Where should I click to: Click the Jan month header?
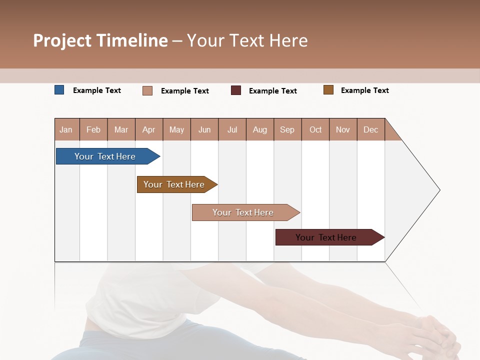coord(66,129)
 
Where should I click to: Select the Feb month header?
coord(93,129)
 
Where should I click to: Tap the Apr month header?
coord(148,129)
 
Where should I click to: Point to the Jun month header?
coord(204,129)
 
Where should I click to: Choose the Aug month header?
coord(259,129)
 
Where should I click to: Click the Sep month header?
coord(287,129)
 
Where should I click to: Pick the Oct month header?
coord(315,129)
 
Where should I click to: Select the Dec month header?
coord(370,129)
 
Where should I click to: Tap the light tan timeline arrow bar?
coord(243,212)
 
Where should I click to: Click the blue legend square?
coord(59,90)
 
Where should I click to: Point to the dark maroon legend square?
coord(236,90)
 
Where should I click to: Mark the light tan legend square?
coord(147,90)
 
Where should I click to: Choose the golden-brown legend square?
coord(328,90)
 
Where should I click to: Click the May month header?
coord(176,129)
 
